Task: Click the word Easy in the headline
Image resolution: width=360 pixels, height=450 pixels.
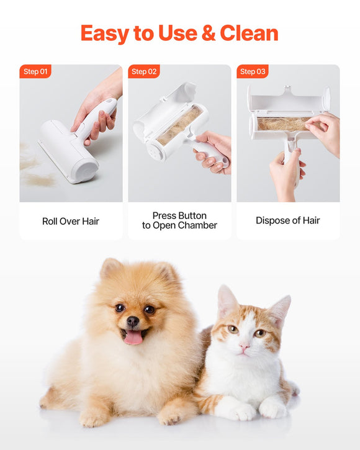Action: [x=105, y=33]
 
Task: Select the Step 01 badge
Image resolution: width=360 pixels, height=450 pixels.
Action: [x=35, y=71]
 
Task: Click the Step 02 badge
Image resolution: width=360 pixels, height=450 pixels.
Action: [x=144, y=71]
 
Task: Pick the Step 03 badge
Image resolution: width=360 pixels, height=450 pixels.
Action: [x=253, y=71]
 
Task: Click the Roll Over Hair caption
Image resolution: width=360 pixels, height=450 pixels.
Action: [x=71, y=221]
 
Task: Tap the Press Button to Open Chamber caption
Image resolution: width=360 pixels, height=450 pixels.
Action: [x=179, y=220]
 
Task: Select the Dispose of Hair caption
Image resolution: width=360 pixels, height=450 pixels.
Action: [x=288, y=221]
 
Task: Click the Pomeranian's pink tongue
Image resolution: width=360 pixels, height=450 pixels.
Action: [x=133, y=337]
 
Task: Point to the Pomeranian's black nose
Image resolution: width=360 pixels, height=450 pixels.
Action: [x=133, y=322]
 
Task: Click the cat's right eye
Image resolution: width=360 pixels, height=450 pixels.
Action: [x=259, y=333]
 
